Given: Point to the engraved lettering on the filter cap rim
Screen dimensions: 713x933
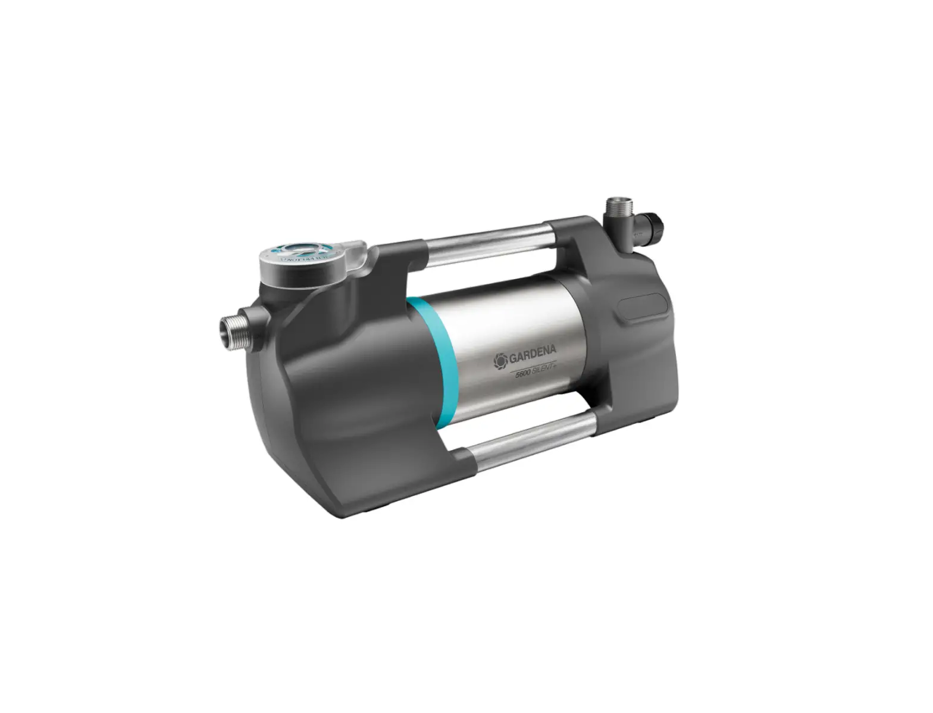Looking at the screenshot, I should (x=292, y=260).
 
